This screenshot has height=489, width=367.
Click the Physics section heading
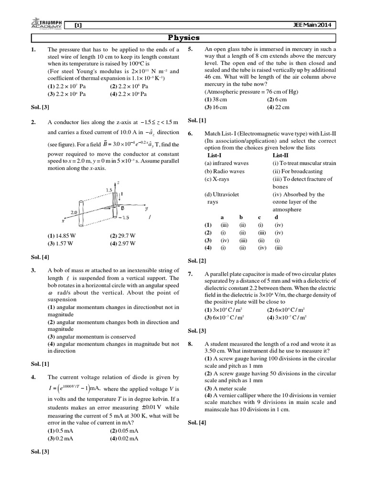click(x=183, y=38)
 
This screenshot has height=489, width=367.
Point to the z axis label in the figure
click(x=118, y=182)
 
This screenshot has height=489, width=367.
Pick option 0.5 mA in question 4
click(x=66, y=430)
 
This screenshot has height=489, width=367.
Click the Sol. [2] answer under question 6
click(x=197, y=260)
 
